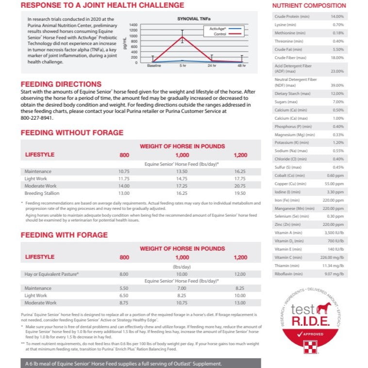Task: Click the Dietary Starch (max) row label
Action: pos(292,94)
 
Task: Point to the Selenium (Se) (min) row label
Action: pos(290,216)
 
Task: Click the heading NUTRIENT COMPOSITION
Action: pos(308,5)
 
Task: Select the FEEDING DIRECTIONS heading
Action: pos(61,84)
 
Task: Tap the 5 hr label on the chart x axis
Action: pos(182,65)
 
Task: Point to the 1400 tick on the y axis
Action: pos(133,25)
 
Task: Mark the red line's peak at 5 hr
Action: pos(182,37)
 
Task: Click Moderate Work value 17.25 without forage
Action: pos(182,186)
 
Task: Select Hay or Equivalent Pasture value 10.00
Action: pos(182,274)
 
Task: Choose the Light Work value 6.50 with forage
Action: pos(124,295)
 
